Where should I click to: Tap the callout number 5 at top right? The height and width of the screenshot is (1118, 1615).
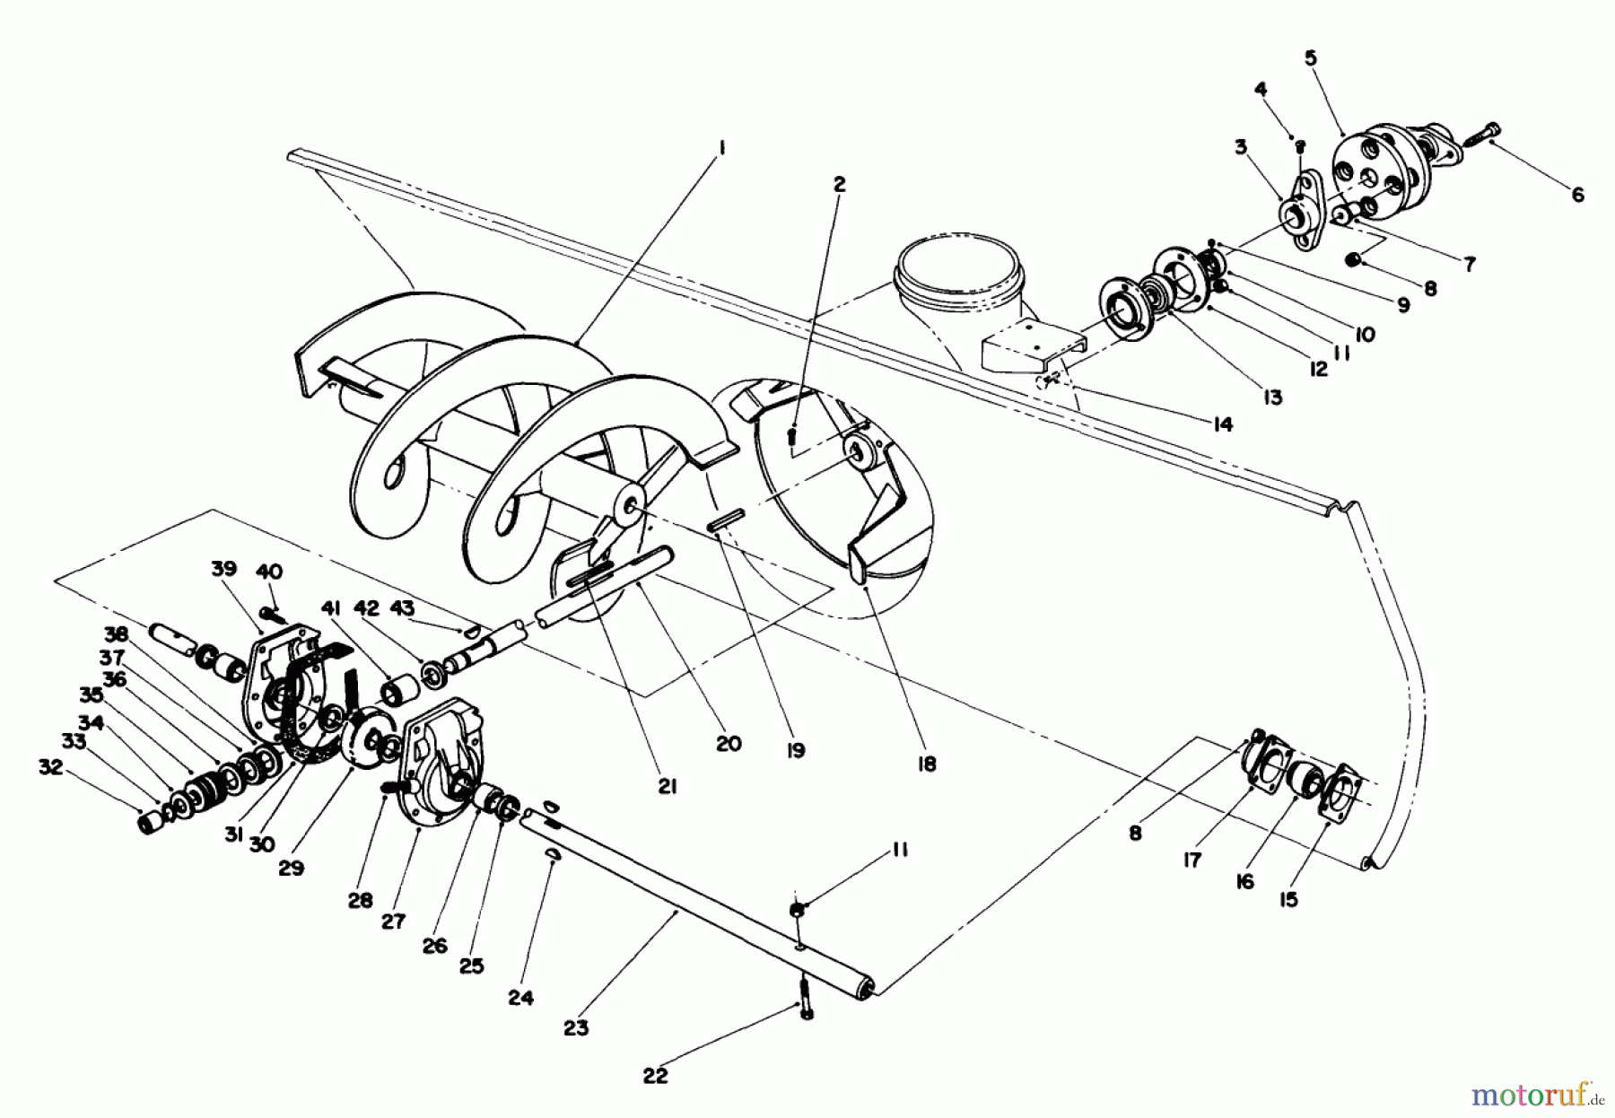1311,58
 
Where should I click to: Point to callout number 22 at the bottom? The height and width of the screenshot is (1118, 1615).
656,1075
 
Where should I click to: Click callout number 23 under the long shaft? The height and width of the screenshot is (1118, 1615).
576,1028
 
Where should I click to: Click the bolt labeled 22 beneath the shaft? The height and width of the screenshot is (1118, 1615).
805,997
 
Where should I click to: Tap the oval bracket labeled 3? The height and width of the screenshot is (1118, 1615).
1298,214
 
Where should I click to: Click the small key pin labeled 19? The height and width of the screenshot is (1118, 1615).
724,521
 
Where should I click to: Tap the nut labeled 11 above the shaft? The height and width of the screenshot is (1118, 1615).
797,913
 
